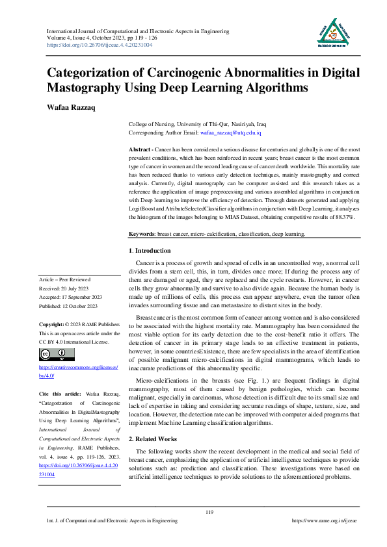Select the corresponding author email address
point(230,133)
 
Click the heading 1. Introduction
point(150,250)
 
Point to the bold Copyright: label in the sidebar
point(54,323)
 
